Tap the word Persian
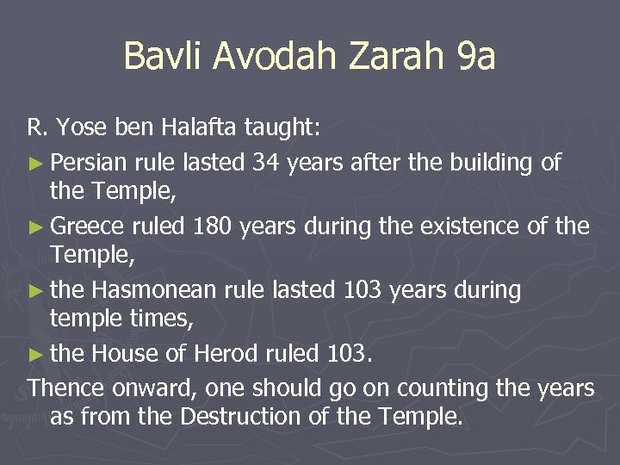[89, 161]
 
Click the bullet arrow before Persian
[36, 162]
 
